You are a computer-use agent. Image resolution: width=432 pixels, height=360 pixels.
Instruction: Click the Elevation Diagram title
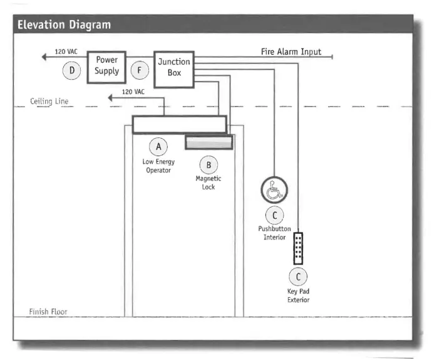point(64,25)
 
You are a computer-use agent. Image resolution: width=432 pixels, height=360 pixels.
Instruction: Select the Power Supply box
point(107,66)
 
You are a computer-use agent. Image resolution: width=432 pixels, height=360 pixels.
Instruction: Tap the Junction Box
point(173,66)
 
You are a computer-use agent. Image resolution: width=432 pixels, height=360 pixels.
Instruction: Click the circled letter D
point(72,71)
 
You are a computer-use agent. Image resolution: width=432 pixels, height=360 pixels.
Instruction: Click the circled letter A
point(158,147)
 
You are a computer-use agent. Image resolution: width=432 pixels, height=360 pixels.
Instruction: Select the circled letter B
point(208,165)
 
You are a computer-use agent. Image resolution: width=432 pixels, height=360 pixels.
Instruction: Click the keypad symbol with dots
point(298,248)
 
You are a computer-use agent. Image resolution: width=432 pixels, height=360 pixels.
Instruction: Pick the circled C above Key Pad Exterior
point(298,277)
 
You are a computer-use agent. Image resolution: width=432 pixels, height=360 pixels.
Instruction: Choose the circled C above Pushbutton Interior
point(274,215)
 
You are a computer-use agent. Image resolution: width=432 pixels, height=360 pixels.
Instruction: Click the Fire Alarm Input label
point(291,51)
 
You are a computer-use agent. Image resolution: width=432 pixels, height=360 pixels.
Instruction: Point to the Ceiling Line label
point(49,102)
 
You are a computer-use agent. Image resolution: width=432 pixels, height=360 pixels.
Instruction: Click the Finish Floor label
point(48,312)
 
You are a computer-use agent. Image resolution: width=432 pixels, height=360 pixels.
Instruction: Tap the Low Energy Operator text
point(158,166)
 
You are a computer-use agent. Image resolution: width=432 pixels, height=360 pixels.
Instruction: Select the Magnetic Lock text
point(208,183)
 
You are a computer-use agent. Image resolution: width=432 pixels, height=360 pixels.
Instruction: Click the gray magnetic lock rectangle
point(208,142)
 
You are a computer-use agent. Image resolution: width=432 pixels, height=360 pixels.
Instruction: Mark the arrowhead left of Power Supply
point(44,57)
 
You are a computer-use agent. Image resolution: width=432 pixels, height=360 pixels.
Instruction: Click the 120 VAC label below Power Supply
point(132,92)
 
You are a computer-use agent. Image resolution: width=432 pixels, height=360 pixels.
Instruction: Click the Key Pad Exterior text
point(298,296)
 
